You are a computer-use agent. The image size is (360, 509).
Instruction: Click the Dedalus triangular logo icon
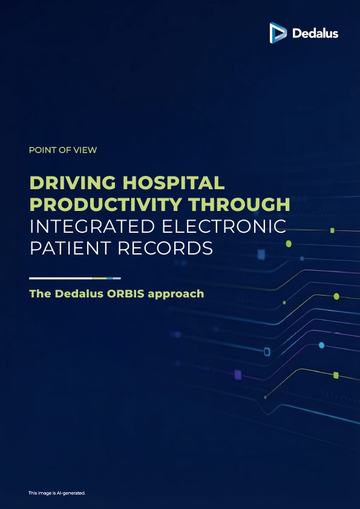pyautogui.click(x=278, y=33)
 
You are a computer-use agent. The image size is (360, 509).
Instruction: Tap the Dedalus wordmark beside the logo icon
pyautogui.click(x=315, y=33)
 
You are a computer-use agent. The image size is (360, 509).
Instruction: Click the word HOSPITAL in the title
pyautogui.click(x=174, y=183)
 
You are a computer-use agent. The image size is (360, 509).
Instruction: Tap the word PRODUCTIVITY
pyautogui.click(x=106, y=204)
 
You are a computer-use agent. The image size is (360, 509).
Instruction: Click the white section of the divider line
pyautogui.click(x=61, y=278)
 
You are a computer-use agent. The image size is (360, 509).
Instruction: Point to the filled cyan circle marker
pyautogui.click(x=322, y=345)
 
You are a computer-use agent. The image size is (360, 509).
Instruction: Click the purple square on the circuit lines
pyautogui.click(x=238, y=375)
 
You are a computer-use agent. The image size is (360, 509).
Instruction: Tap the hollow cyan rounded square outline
pyautogui.click(x=267, y=352)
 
